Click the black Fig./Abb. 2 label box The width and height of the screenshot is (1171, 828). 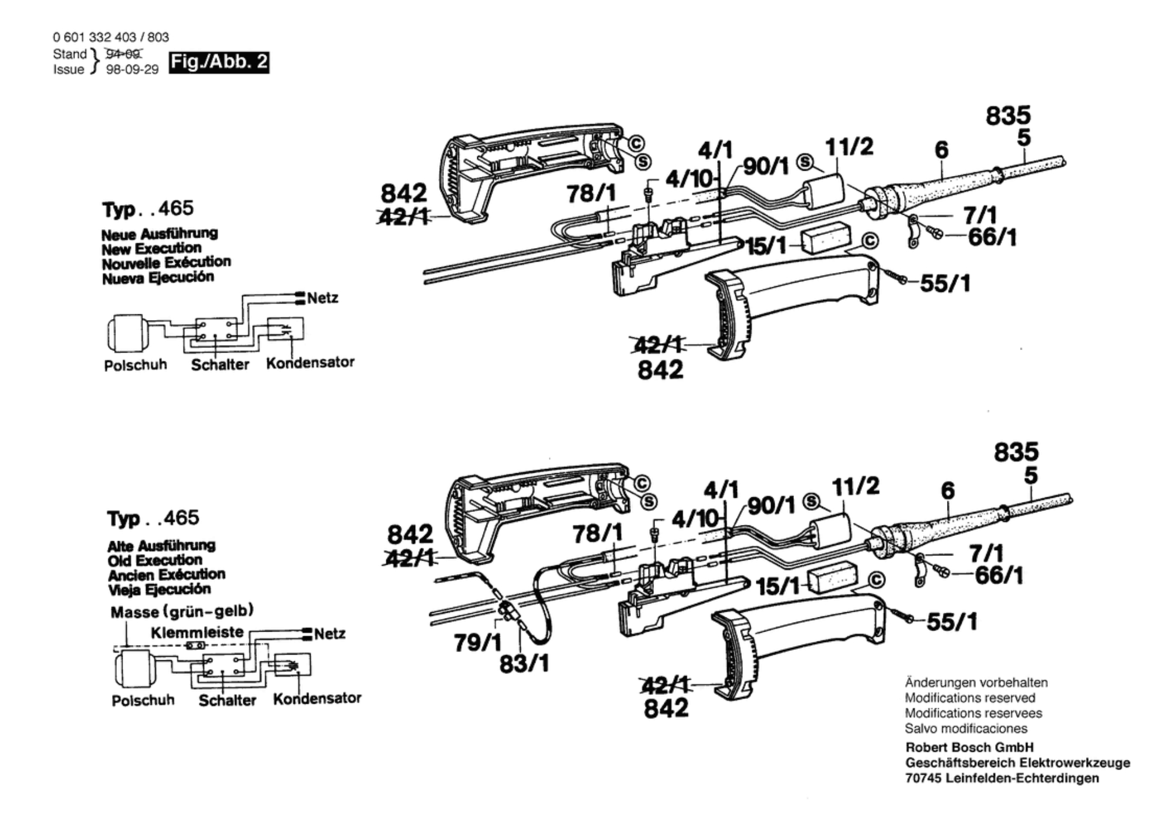tap(219, 62)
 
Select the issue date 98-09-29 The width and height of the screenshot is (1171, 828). tap(132, 70)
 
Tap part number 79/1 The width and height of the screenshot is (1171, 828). tap(477, 643)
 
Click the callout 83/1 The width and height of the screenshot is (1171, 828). tap(524, 664)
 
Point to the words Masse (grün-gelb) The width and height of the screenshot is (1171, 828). tap(182, 612)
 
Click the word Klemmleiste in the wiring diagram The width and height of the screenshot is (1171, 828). tap(197, 632)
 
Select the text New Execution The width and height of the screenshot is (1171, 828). tap(151, 248)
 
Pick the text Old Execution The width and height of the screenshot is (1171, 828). tap(155, 560)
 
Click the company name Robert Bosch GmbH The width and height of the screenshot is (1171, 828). tap(969, 747)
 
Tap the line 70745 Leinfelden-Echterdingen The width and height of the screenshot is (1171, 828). tap(1002, 778)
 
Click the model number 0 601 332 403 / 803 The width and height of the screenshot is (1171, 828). tap(111, 37)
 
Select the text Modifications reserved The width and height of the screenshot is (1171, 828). tap(970, 698)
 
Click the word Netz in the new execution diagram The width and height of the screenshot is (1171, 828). tap(323, 298)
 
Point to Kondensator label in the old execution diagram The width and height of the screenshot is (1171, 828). tap(317, 698)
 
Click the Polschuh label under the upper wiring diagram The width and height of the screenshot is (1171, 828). tap(135, 365)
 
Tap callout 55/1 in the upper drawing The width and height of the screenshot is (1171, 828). tap(945, 284)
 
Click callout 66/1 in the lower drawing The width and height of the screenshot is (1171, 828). tap(999, 575)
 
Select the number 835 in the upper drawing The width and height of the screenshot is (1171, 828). tap(1007, 116)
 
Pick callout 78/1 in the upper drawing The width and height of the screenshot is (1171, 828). tap(591, 193)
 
